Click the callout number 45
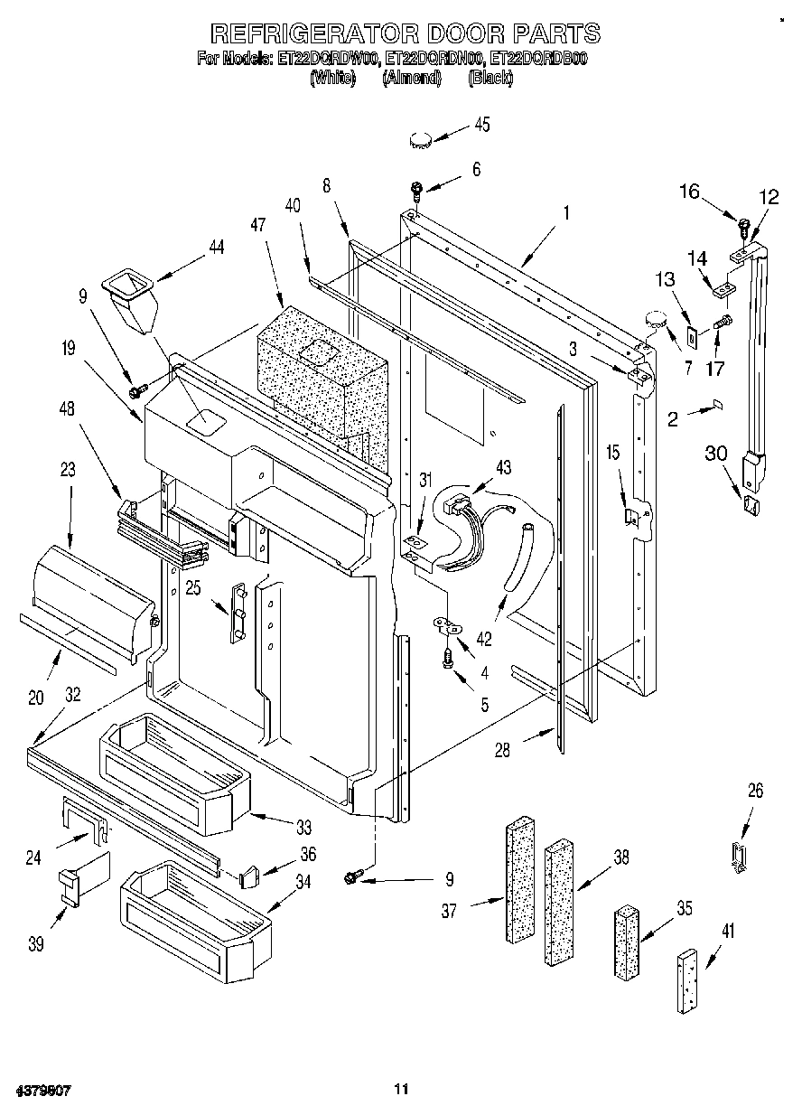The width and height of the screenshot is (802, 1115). tap(482, 125)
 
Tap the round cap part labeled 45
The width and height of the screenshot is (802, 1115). tap(421, 139)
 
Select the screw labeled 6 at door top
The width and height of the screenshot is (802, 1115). tap(416, 190)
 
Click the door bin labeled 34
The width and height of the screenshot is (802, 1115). tap(194, 917)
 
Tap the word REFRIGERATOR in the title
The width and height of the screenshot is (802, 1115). tap(313, 34)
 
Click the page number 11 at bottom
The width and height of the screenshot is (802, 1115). tap(401, 1090)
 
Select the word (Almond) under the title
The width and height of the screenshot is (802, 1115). tap(411, 79)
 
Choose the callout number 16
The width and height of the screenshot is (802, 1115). tap(690, 191)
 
